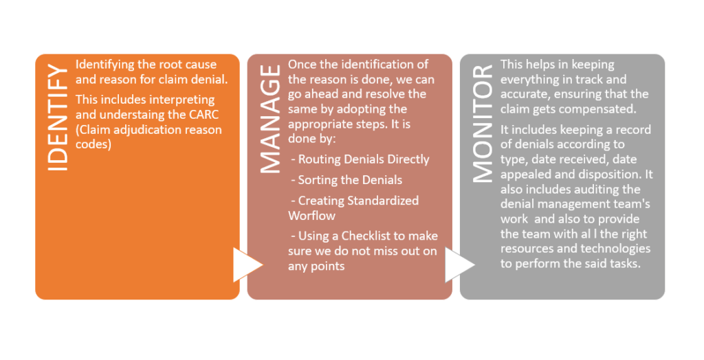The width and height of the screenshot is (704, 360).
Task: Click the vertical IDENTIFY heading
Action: point(58,117)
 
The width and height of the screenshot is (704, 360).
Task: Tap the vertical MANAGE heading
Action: point(270,119)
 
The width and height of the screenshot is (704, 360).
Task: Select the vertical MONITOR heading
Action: point(483,124)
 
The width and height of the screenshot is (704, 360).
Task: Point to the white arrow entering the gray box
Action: point(460,265)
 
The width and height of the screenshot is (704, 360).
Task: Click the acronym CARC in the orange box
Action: point(203,115)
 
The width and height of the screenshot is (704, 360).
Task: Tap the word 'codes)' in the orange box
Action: point(93,144)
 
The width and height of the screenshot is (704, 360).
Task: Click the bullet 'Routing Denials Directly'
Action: point(360,159)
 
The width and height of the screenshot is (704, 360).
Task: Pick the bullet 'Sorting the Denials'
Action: point(346,180)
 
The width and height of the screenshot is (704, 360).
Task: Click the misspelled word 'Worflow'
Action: point(311,216)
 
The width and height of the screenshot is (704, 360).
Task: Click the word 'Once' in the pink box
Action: point(301,65)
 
